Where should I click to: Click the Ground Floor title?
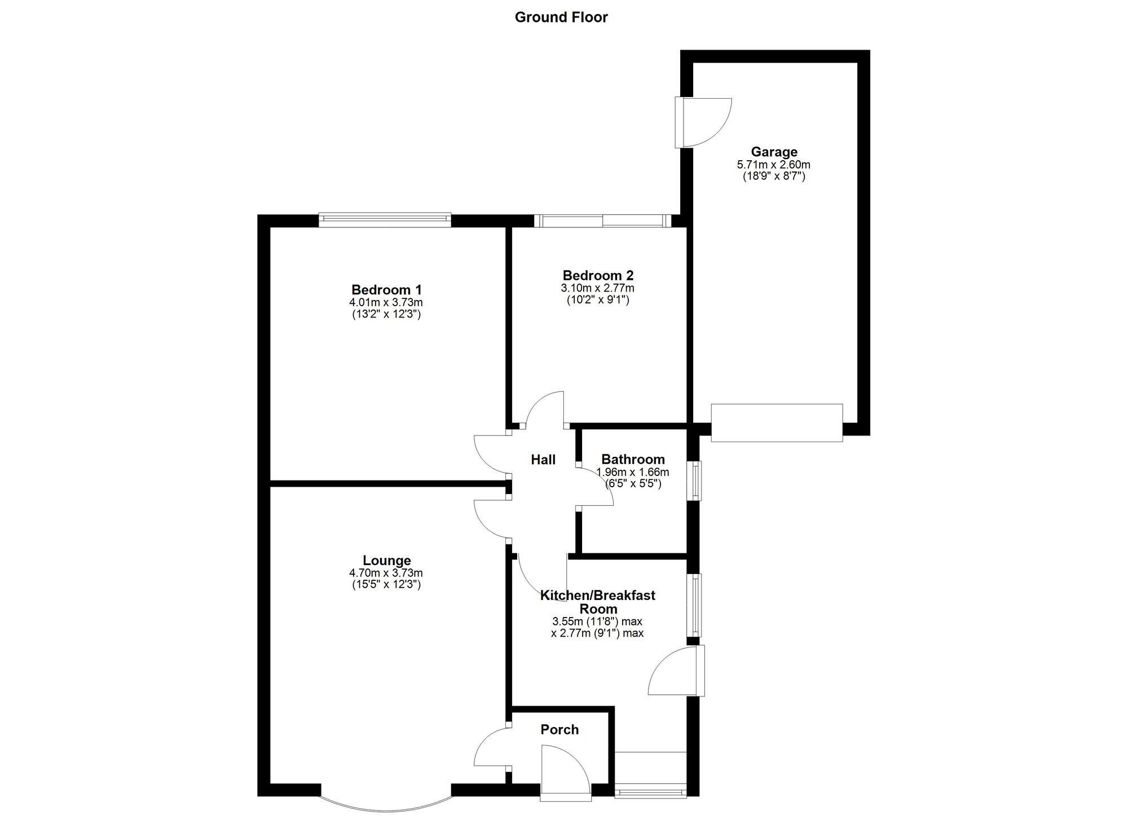pyautogui.click(x=561, y=17)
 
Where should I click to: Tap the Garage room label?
pyautogui.click(x=774, y=152)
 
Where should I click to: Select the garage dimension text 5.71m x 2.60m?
pyautogui.click(x=774, y=165)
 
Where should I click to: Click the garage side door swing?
pyautogui.click(x=705, y=123)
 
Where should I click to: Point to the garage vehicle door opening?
pyautogui.click(x=777, y=422)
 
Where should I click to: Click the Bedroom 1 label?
pyautogui.click(x=386, y=289)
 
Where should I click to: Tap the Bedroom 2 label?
pyautogui.click(x=598, y=275)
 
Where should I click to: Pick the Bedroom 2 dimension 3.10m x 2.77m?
pyautogui.click(x=598, y=288)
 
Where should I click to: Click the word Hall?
pyautogui.click(x=543, y=460)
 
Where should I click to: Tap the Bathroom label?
pyautogui.click(x=633, y=459)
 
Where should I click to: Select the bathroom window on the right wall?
pyautogui.click(x=697, y=480)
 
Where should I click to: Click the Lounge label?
pyautogui.click(x=386, y=560)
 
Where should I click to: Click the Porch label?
pyautogui.click(x=559, y=729)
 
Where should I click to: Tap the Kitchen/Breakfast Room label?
pyautogui.click(x=598, y=602)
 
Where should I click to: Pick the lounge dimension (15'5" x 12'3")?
pyautogui.click(x=386, y=585)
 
